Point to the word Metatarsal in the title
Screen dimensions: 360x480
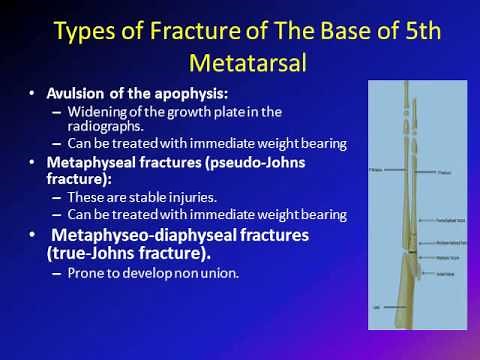tap(239, 63)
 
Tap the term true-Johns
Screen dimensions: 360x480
tap(101, 254)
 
